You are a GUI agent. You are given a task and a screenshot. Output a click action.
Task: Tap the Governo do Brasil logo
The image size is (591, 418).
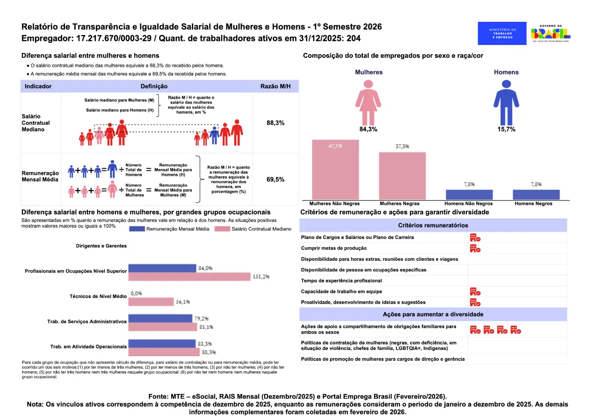pos(551,34)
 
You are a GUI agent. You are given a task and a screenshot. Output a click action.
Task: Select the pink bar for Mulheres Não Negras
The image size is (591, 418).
pos(335,169)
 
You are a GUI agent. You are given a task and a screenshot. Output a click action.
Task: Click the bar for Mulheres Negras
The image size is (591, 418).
pos(402,175)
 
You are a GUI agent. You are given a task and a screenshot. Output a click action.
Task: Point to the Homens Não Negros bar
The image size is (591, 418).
pos(469,194)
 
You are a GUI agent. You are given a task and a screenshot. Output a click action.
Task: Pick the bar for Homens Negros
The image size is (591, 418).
pos(536,194)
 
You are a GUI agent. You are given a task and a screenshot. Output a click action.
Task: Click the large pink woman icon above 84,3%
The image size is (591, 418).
pos(368,101)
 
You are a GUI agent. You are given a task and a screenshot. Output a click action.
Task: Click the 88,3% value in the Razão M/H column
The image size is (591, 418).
pos(275,123)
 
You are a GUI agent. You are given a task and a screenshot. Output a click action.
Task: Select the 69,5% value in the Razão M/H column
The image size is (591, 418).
pos(275,179)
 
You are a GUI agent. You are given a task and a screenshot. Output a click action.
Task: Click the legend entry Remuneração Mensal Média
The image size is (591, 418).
pos(169,229)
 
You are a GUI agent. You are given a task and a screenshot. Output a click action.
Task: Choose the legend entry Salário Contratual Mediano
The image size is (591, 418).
pos(253,229)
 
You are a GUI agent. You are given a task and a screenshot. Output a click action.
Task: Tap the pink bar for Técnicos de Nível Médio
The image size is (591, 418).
pos(151,302)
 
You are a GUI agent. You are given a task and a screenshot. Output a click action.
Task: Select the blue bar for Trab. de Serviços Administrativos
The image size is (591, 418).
pos(160,318)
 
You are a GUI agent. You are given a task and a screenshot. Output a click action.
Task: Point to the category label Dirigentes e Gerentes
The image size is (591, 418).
pos(101,246)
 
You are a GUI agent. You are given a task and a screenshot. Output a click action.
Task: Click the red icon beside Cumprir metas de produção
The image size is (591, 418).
pos(475,248)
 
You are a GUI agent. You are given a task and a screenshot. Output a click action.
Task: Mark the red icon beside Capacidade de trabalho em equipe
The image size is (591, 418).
pos(475,292)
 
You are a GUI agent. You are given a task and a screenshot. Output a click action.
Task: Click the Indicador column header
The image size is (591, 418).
pos(38,86)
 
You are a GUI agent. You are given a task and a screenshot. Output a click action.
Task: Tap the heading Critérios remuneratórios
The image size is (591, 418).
pos(433,225)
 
